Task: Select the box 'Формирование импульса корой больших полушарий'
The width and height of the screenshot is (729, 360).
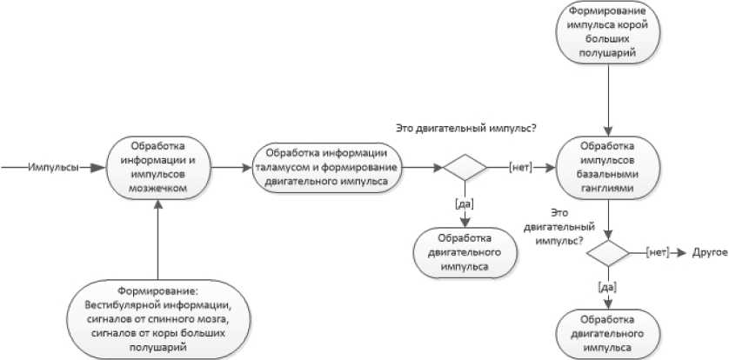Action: (607, 34)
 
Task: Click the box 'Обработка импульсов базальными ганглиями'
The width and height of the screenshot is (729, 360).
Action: (607, 167)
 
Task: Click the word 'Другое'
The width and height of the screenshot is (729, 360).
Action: (706, 252)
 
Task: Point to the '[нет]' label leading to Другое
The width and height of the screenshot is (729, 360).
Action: (657, 252)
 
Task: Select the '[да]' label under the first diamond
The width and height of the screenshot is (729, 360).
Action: (465, 203)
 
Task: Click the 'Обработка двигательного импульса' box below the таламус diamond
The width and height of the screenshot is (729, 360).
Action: (465, 252)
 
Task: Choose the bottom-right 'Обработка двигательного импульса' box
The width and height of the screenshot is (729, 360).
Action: (607, 330)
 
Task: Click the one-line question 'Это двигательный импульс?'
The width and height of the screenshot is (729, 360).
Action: (465, 129)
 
